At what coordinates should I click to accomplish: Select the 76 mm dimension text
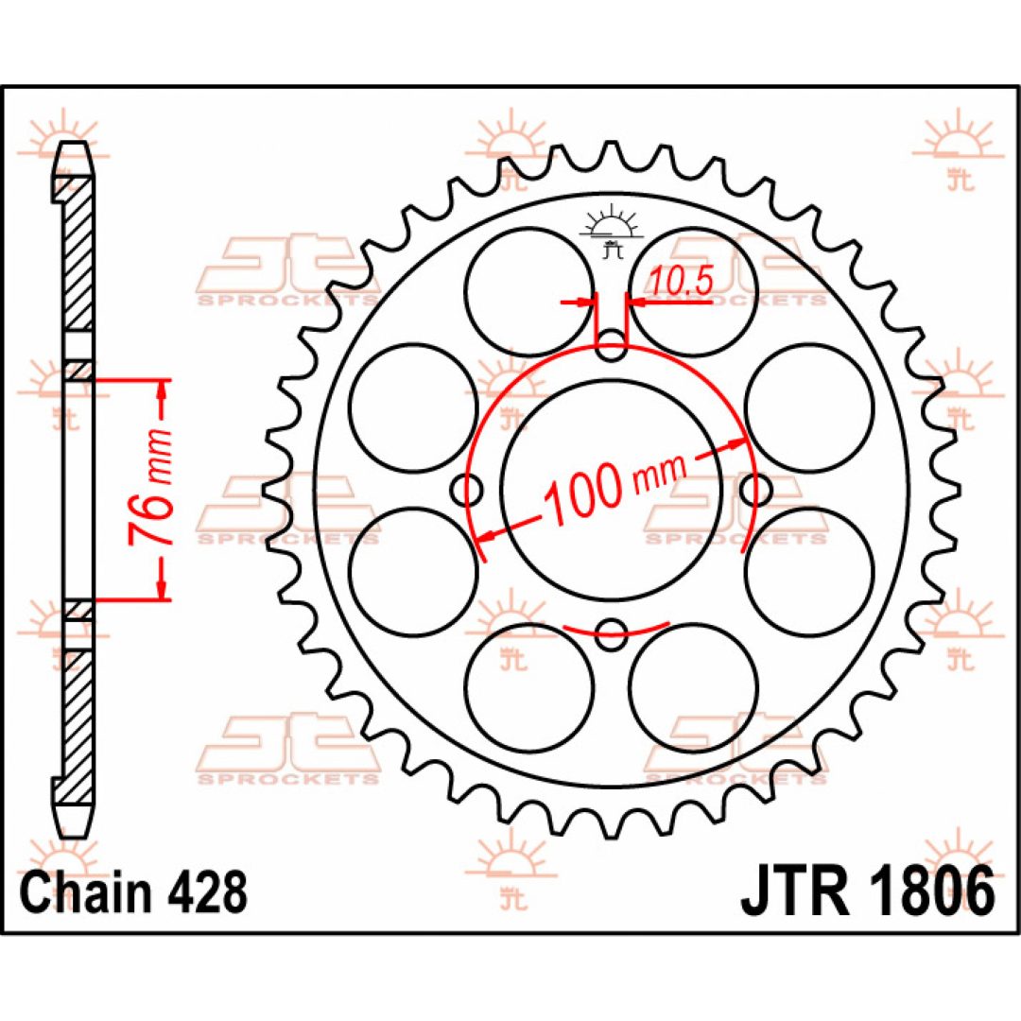point(148,488)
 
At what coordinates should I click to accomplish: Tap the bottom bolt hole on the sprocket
point(612,634)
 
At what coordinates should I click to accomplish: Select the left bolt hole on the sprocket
point(467,490)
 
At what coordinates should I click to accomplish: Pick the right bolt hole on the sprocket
point(756,490)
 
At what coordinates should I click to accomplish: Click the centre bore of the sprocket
point(612,490)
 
